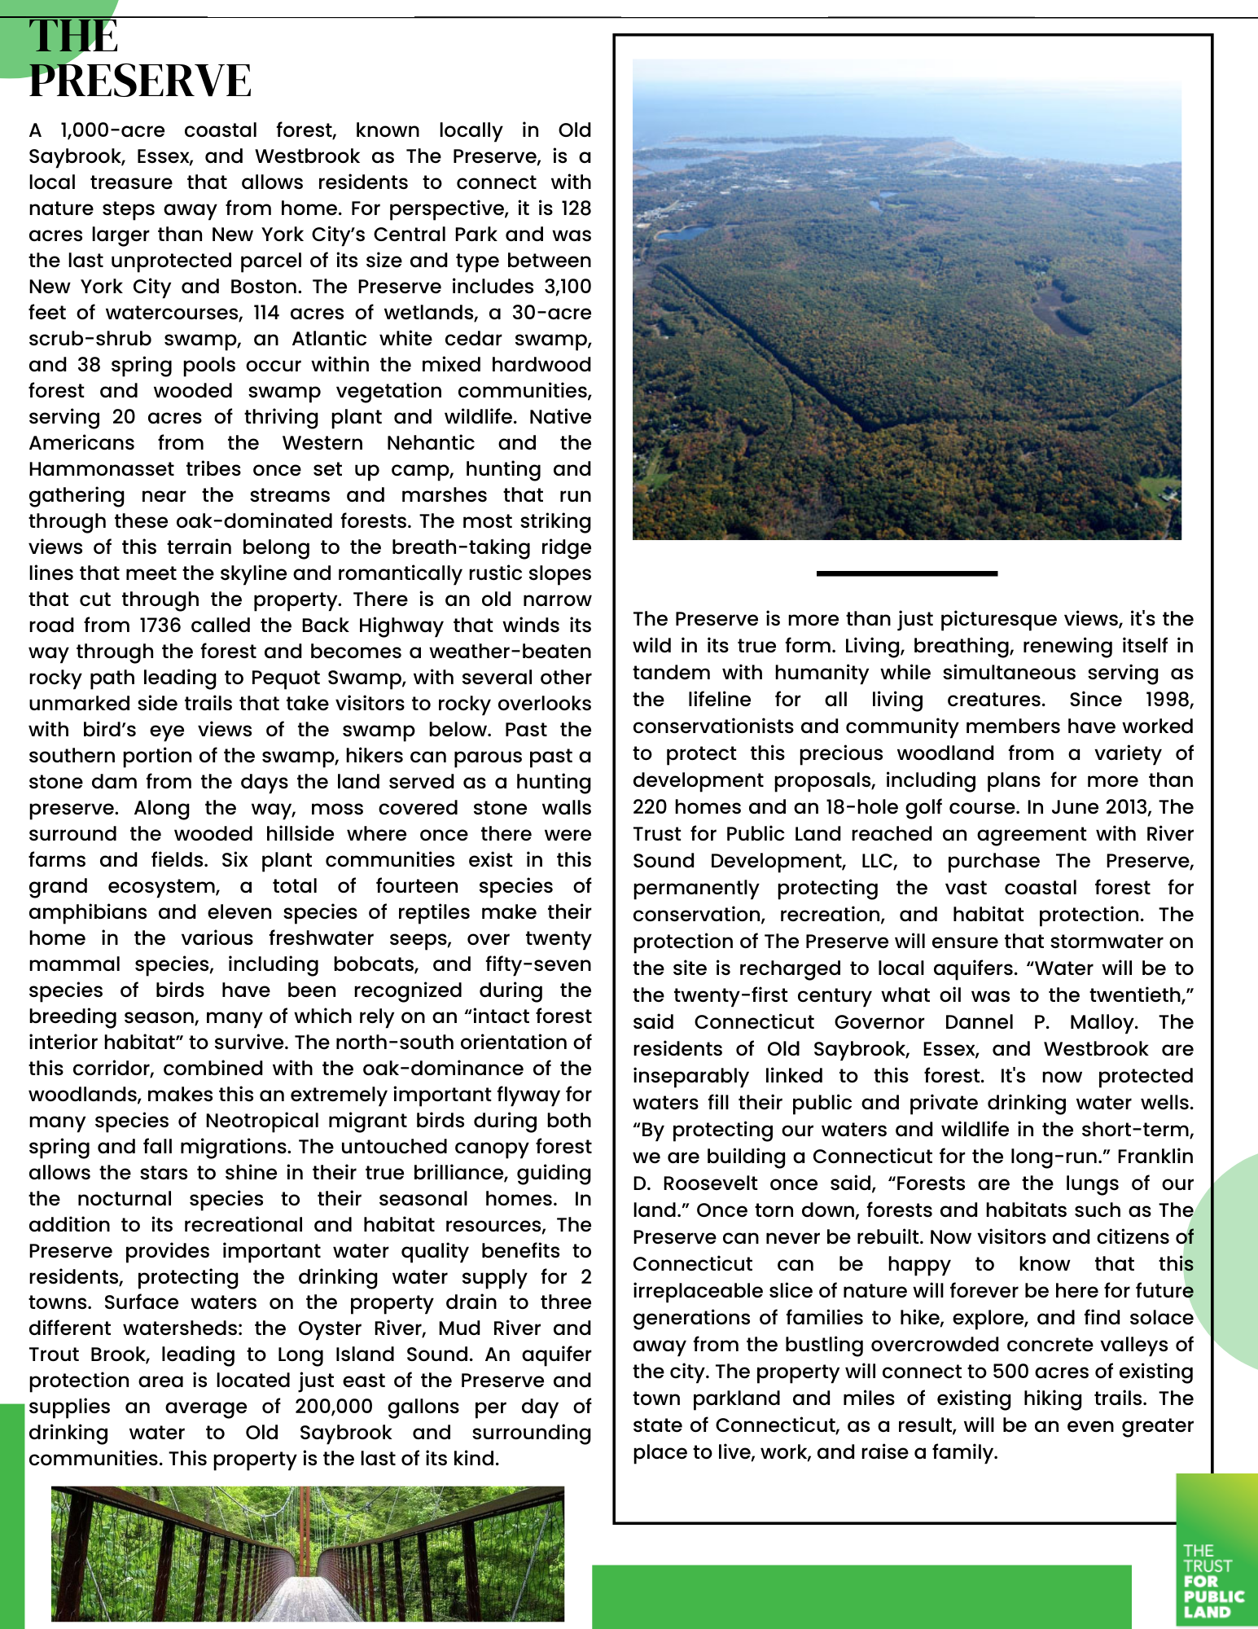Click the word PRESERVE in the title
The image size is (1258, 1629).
point(140,81)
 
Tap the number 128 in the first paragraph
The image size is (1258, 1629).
point(576,209)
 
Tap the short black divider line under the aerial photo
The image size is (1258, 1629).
point(906,573)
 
